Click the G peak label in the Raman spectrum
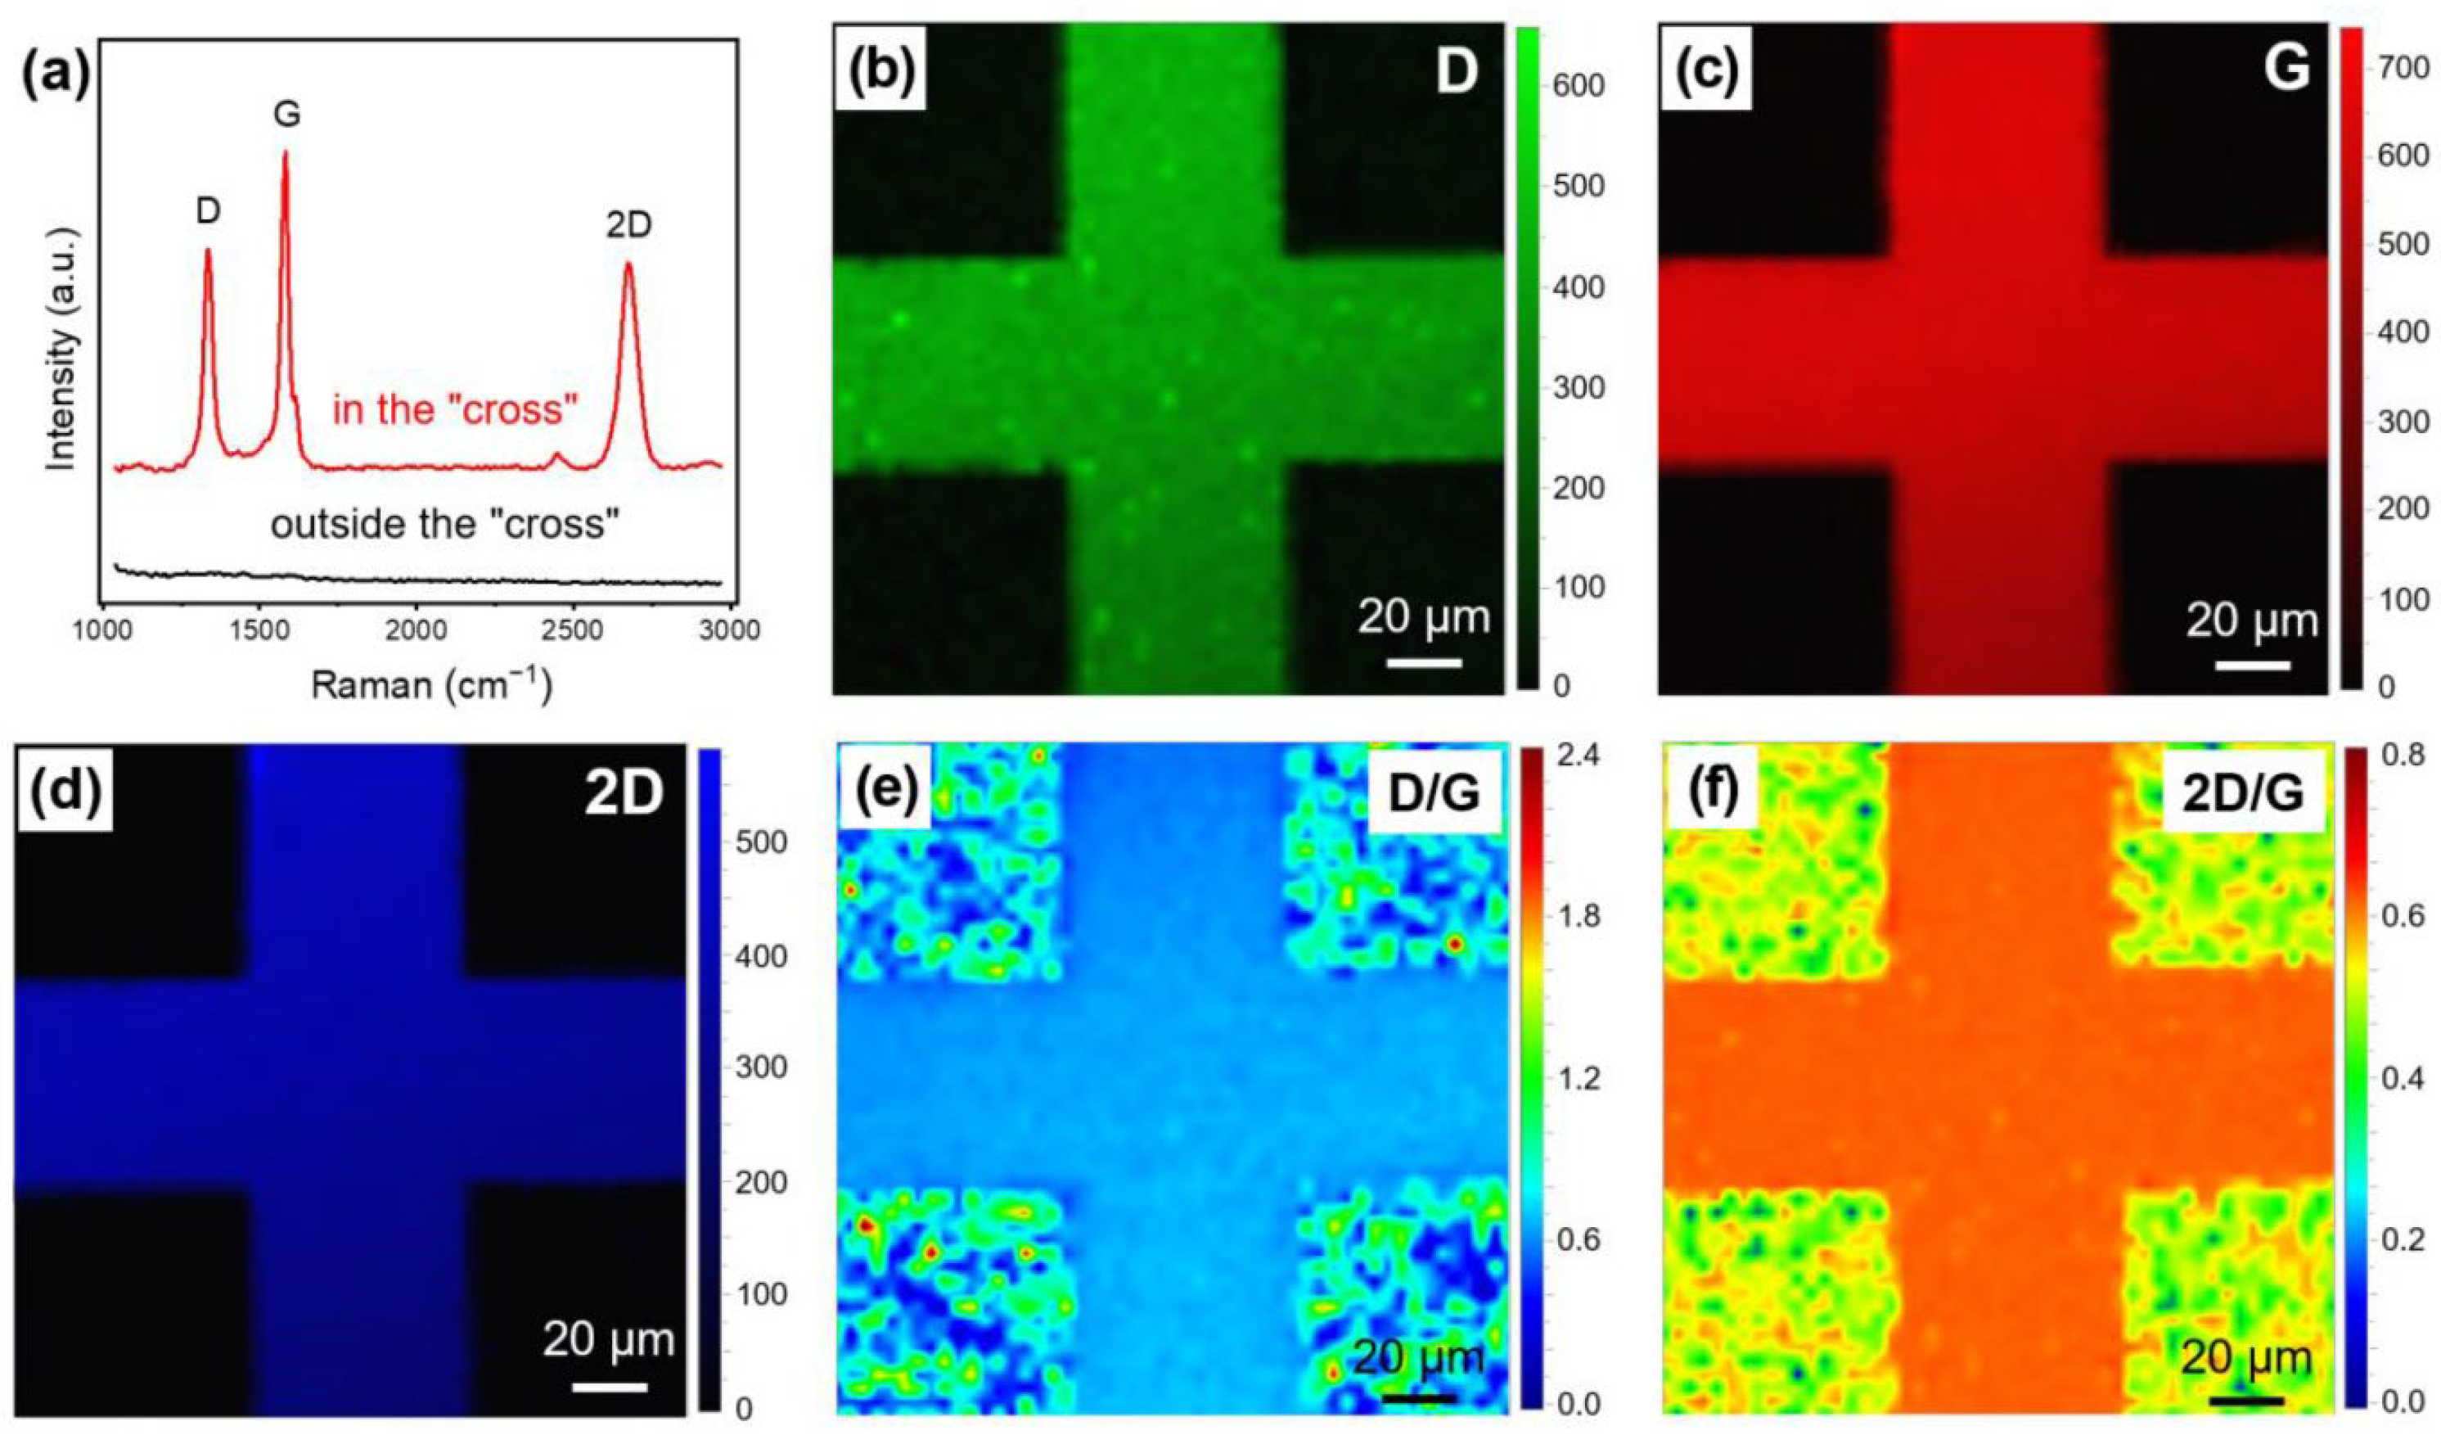pyautogui.click(x=286, y=115)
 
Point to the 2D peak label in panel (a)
pyautogui.click(x=628, y=225)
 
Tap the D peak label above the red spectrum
pyautogui.click(x=209, y=212)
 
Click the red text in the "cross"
pyautogui.click(x=455, y=410)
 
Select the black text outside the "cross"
pyautogui.click(x=444, y=526)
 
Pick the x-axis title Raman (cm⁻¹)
pyautogui.click(x=432, y=686)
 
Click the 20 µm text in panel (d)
pyautogui.click(x=608, y=1340)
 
